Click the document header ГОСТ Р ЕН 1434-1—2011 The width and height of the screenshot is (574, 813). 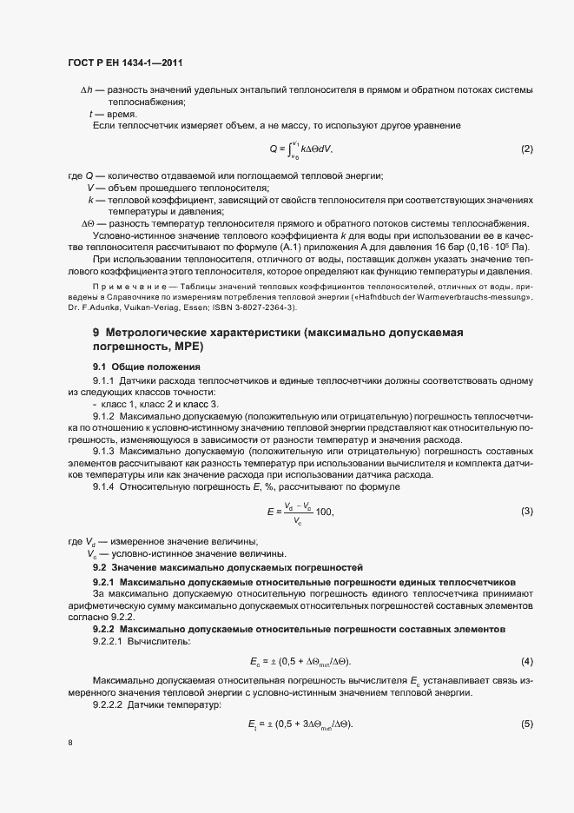tap(124, 63)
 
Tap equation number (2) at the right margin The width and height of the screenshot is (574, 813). tap(526, 149)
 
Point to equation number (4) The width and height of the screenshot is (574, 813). tap(526, 662)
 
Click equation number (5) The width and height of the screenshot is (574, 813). tap(526, 724)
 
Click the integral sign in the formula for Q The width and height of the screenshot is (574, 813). tap(295, 149)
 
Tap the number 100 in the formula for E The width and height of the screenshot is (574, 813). tap(325, 512)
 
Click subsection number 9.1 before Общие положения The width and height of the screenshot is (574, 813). tap(99, 367)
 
